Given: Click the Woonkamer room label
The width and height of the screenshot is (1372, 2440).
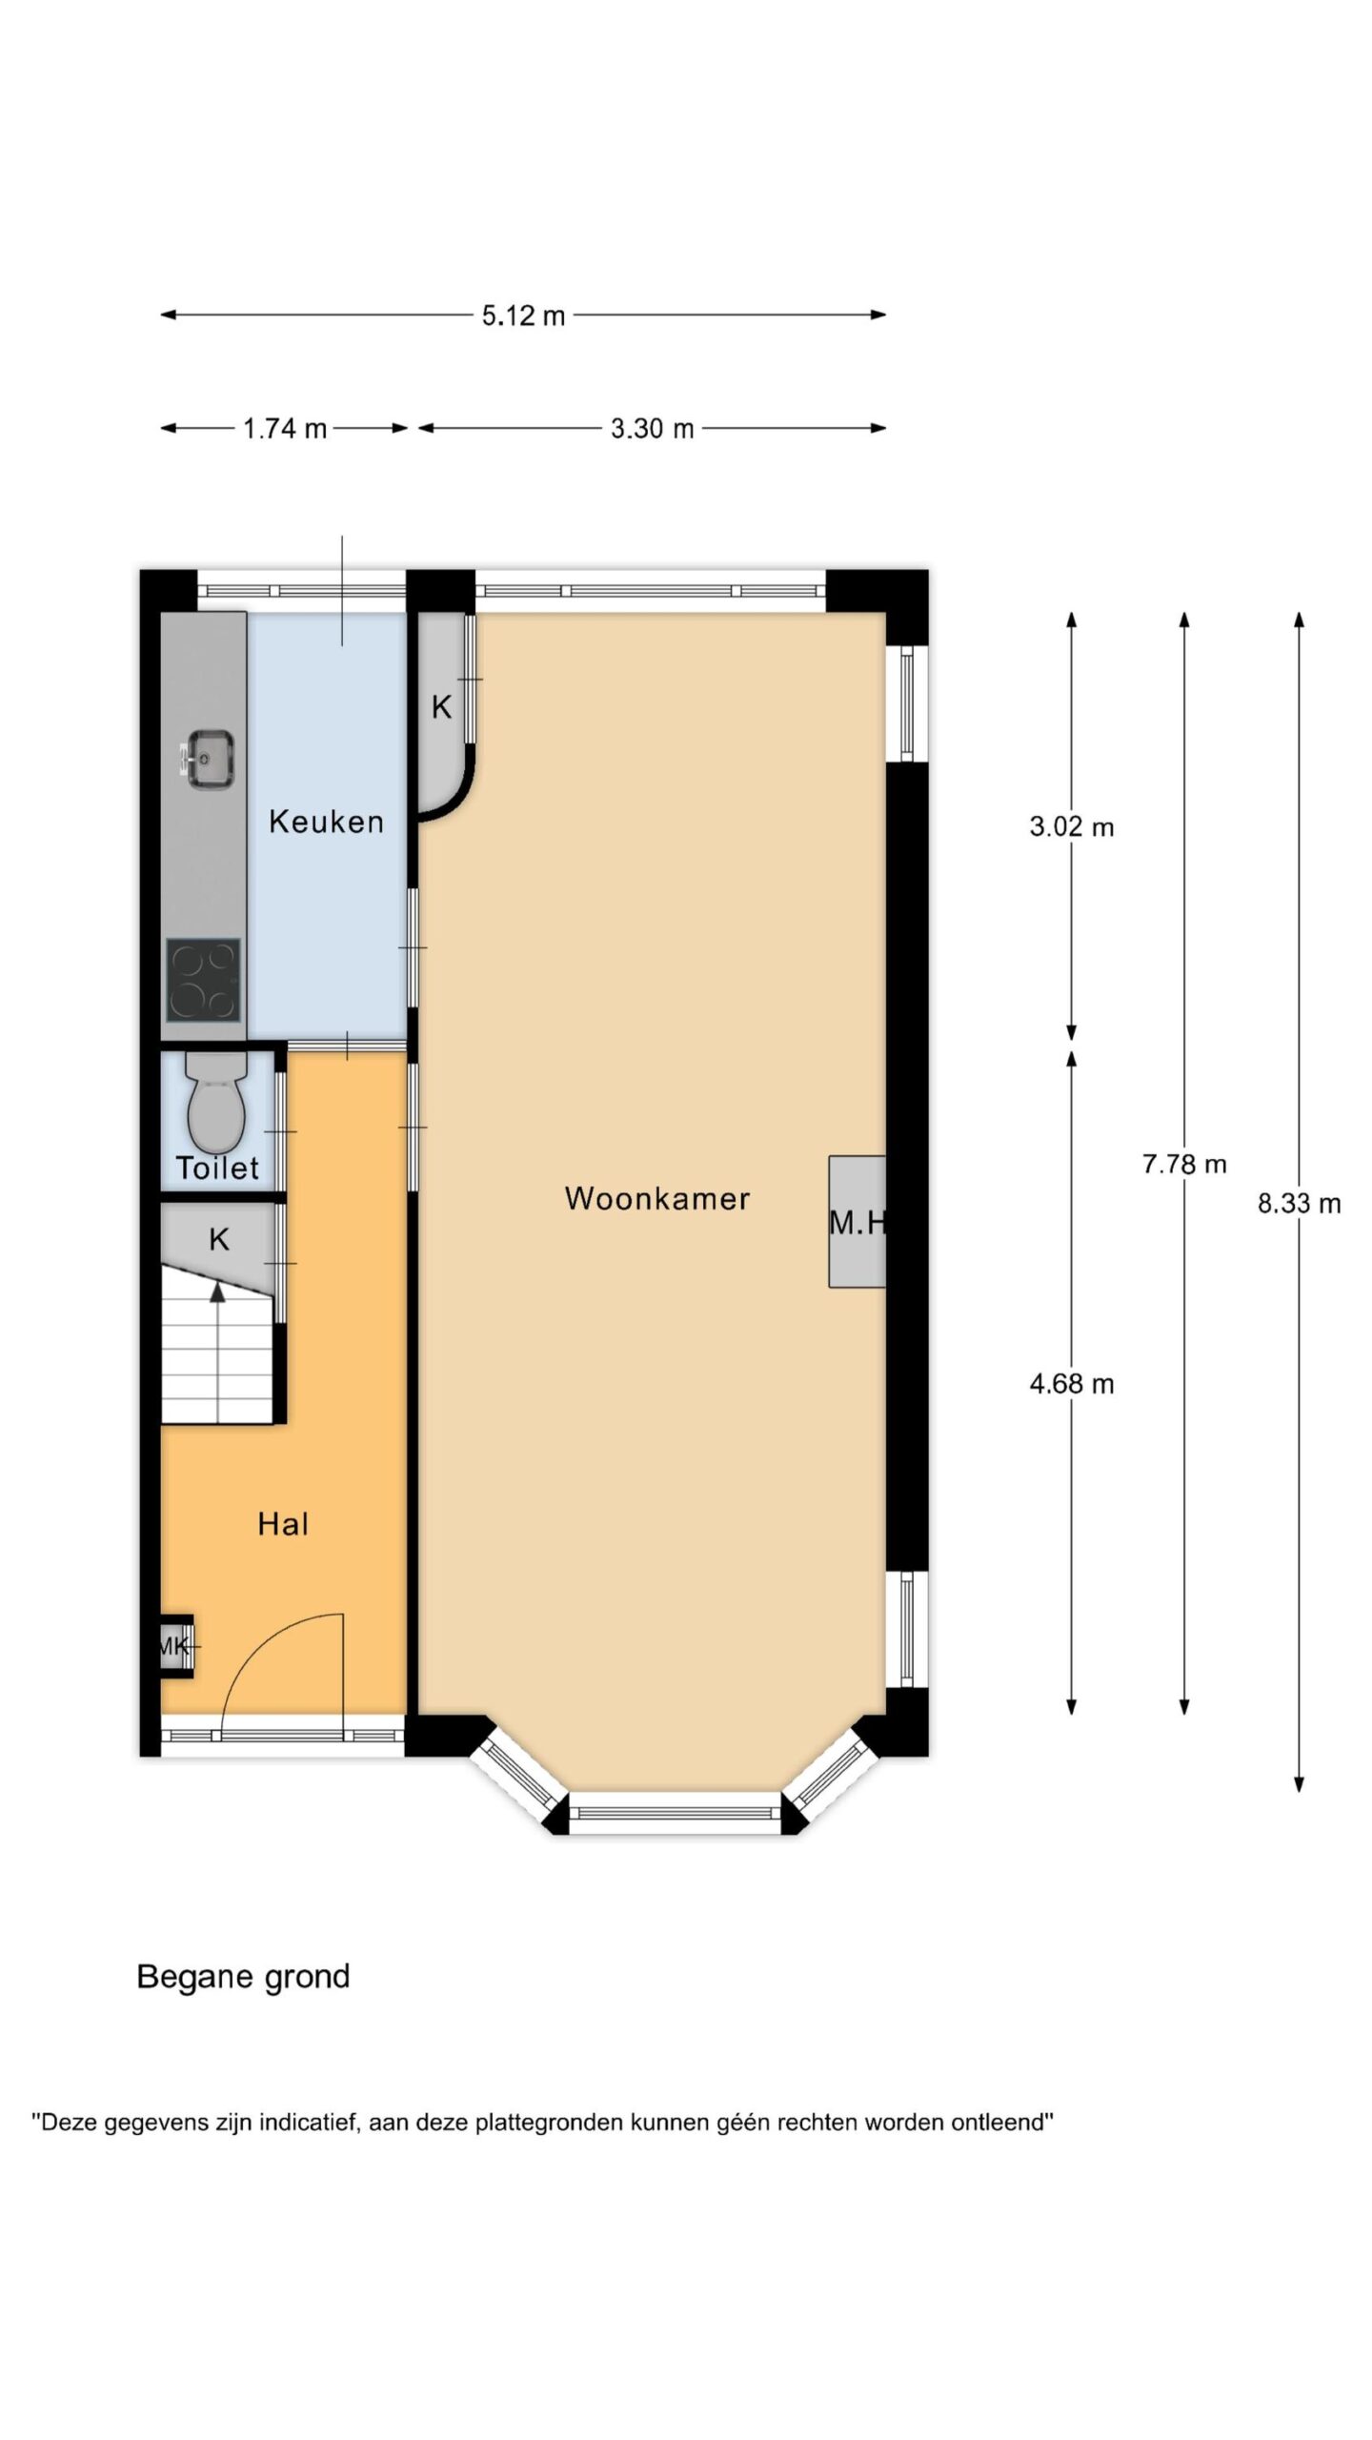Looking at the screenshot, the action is pyautogui.click(x=657, y=1198).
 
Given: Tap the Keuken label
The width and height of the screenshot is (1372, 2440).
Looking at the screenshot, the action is pyautogui.click(x=326, y=821).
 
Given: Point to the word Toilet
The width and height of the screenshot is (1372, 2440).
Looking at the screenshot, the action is pyautogui.click(x=217, y=1168).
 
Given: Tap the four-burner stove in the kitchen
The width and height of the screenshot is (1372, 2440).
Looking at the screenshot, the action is pyautogui.click(x=203, y=980).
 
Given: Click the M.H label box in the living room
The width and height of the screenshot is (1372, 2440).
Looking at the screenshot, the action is pyautogui.click(x=857, y=1222).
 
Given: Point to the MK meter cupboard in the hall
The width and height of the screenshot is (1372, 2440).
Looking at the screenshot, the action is pyautogui.click(x=176, y=1645).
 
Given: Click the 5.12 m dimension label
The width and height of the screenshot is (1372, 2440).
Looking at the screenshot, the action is pyautogui.click(x=523, y=315).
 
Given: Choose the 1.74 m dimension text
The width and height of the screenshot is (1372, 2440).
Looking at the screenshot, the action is pyautogui.click(x=285, y=429).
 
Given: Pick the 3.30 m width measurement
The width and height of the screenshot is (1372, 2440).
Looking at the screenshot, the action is pyautogui.click(x=652, y=429).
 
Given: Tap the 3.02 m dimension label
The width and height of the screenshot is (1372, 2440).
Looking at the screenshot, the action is pyautogui.click(x=1072, y=826).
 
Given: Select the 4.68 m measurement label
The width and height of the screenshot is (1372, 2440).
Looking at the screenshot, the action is pyautogui.click(x=1072, y=1384).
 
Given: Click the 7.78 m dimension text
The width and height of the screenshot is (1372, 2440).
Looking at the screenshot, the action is pyautogui.click(x=1184, y=1164).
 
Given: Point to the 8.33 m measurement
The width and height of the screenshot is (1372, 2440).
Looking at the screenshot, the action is pyautogui.click(x=1299, y=1204).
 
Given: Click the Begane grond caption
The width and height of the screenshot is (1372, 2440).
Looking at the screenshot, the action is pyautogui.click(x=244, y=1978).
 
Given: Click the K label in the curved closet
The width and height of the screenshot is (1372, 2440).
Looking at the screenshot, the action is pyautogui.click(x=441, y=707).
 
